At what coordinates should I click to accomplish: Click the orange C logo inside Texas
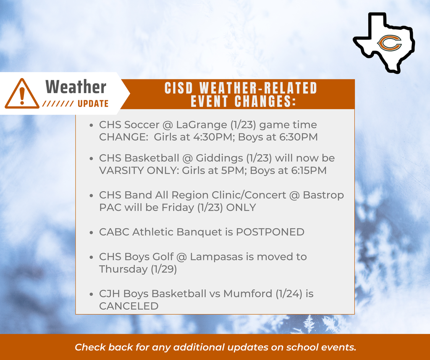point(389,43)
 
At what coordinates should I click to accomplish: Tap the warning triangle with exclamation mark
point(22,94)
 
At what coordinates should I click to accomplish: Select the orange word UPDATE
point(93,104)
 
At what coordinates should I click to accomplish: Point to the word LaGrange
point(202,125)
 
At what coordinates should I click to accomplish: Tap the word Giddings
point(219,158)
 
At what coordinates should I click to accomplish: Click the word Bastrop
point(323,196)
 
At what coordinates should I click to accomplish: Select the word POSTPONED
point(270,232)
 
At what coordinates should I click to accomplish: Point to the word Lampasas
point(217,257)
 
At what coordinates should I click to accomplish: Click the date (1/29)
point(164,269)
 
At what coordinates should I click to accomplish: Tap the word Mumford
point(248,294)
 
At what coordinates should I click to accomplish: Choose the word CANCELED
point(129,306)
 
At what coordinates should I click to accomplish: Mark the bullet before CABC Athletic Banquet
point(92,232)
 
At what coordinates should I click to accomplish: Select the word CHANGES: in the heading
point(265,101)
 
